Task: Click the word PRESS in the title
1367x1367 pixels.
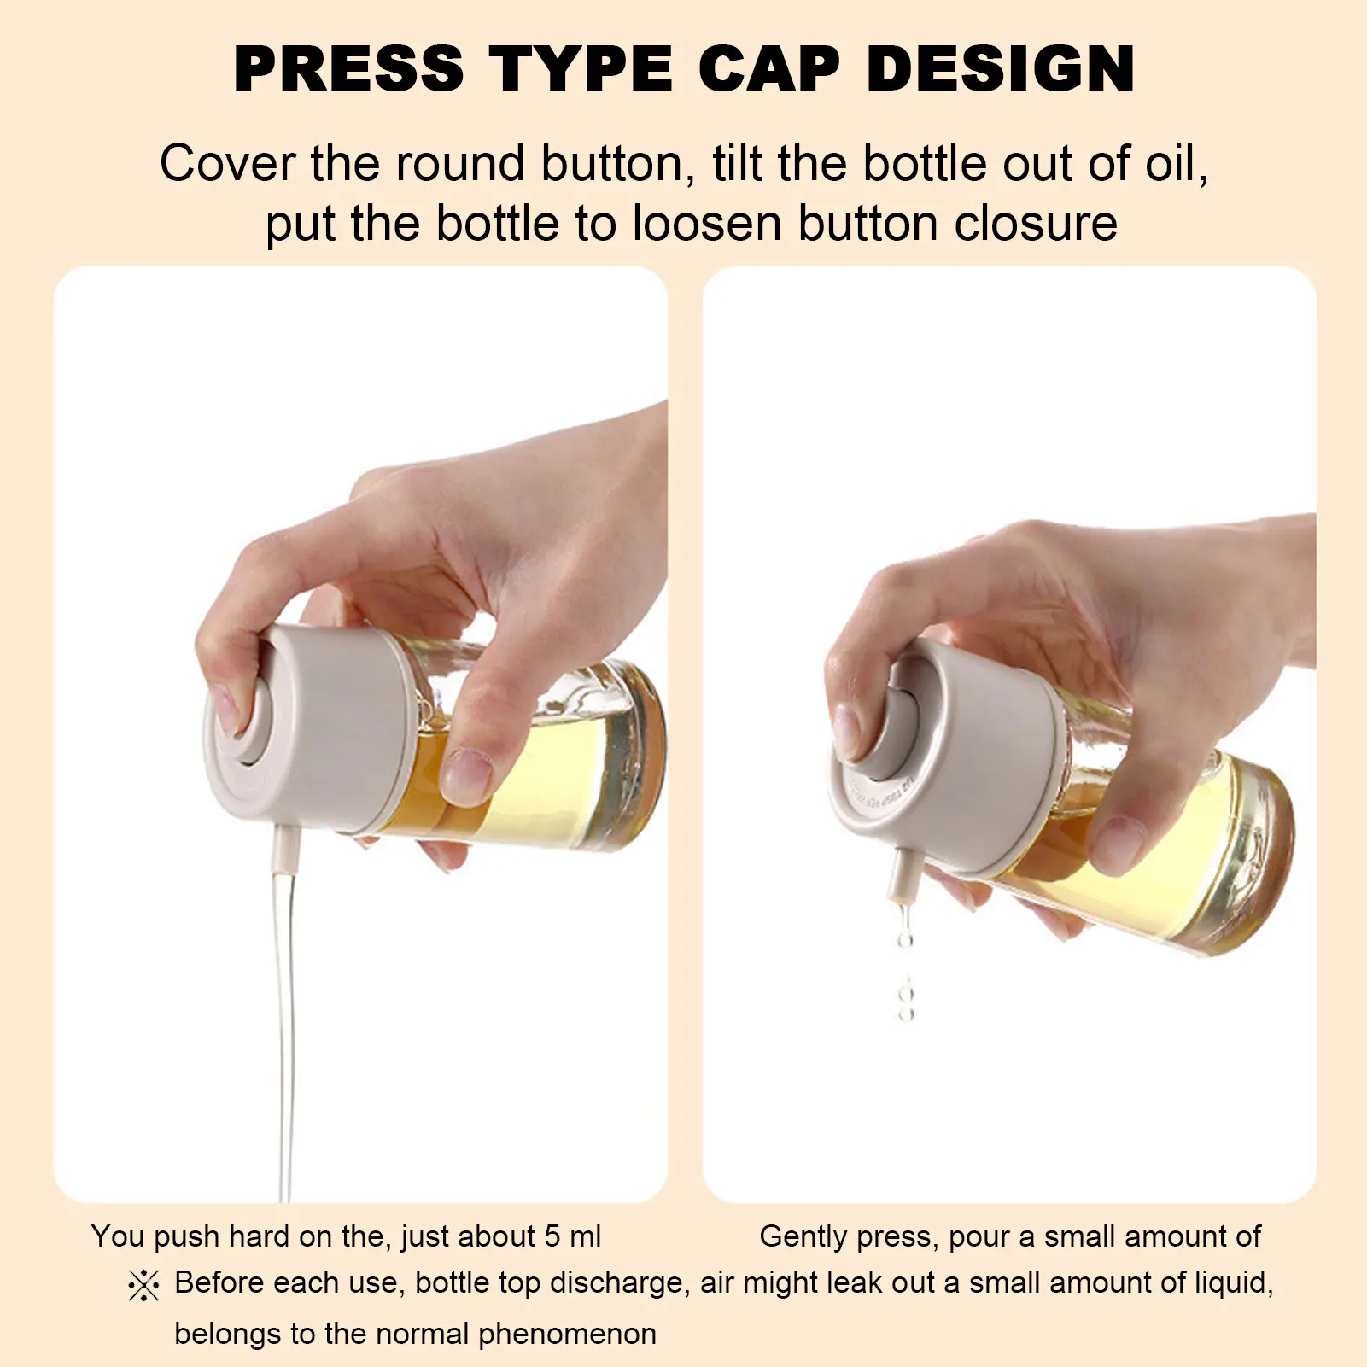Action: coord(348,68)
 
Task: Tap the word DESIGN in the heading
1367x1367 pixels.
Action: coord(1001,68)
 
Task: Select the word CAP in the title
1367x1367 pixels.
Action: coord(769,68)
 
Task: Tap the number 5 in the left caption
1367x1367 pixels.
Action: coord(552,1236)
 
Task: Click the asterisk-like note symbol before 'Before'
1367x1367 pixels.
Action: coord(143,1285)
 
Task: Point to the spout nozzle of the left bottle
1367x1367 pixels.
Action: coord(286,844)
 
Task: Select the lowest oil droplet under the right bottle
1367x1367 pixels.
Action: coord(907,1014)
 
